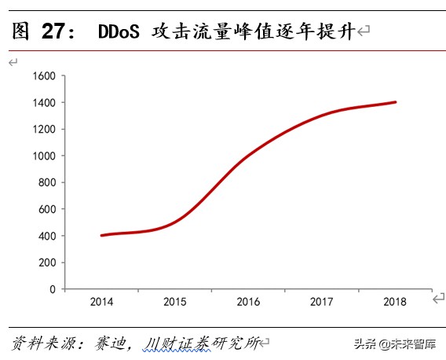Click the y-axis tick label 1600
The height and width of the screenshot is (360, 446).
tap(44, 76)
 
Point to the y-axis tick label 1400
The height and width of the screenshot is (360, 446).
tap(44, 103)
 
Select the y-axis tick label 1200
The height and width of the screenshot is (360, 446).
tap(44, 130)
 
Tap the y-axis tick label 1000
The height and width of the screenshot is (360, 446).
tap(44, 156)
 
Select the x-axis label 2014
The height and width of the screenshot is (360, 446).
tap(101, 302)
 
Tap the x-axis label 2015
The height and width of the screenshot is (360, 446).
tap(174, 302)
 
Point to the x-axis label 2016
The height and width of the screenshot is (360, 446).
tap(248, 302)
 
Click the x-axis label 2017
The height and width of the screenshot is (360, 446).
tap(322, 302)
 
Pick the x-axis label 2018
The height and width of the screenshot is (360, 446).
tap(395, 302)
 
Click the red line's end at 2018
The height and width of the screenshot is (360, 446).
tap(395, 102)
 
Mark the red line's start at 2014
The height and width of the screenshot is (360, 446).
tap(101, 235)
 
